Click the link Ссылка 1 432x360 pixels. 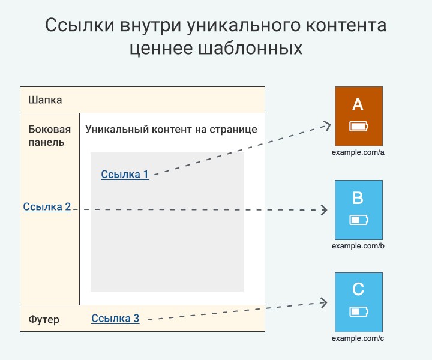click(x=125, y=175)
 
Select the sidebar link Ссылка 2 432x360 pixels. click(x=47, y=207)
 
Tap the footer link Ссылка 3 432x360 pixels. click(x=115, y=319)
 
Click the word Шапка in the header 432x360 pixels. click(x=45, y=100)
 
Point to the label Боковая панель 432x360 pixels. click(x=50, y=136)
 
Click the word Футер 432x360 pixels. click(x=44, y=320)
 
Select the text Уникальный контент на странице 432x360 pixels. click(x=171, y=129)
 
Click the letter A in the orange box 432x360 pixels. click(x=358, y=104)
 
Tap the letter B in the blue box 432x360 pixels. click(x=358, y=198)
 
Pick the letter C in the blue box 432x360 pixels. click(x=358, y=289)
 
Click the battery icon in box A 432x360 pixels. click(x=359, y=127)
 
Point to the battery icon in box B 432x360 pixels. click(x=359, y=220)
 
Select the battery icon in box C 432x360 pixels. click(x=359, y=312)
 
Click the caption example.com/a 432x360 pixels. click(x=358, y=152)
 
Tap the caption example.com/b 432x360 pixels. click(x=358, y=245)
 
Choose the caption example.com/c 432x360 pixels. click(x=358, y=338)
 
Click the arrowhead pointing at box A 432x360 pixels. click(x=327, y=126)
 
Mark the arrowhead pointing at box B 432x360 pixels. click(x=324, y=210)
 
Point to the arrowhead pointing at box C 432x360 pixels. click(x=324, y=303)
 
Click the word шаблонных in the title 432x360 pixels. click(x=250, y=49)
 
